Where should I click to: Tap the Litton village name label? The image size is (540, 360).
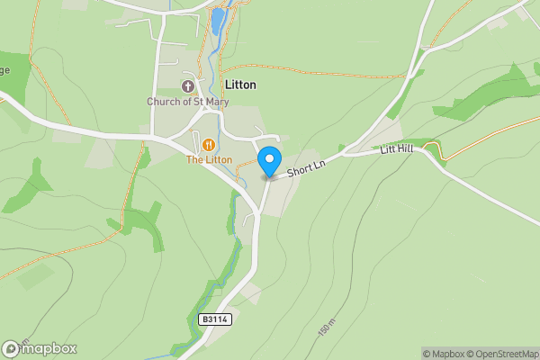point(238,85)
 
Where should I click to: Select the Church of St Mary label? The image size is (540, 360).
point(188,102)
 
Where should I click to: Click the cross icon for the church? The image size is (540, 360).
point(187,86)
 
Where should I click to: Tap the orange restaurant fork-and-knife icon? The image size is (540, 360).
point(209,144)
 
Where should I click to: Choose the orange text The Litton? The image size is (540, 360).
point(209,160)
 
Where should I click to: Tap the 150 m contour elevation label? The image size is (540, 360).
point(326,327)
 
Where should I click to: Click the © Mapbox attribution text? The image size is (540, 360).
point(445,354)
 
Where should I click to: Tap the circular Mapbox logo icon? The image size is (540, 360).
point(11,349)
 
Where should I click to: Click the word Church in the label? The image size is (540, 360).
point(164,102)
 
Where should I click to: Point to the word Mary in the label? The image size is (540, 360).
point(217,102)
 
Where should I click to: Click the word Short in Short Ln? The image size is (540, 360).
point(299,169)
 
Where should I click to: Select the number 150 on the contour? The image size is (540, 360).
point(323,330)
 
